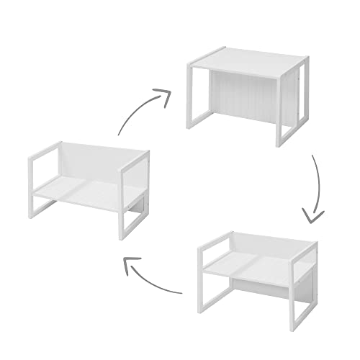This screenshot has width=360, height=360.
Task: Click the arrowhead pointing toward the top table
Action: [x=164, y=96]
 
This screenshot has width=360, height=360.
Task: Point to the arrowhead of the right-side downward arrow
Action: [x=311, y=214]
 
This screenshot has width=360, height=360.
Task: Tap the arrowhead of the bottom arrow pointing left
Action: [x=132, y=268]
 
